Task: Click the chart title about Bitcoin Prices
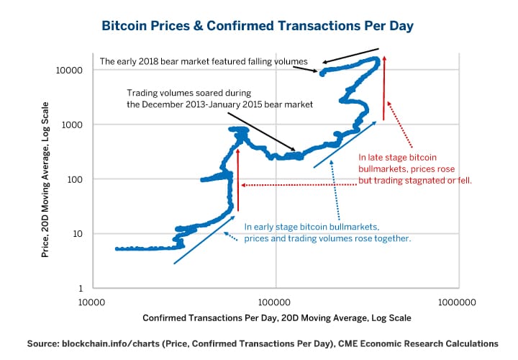click(258, 26)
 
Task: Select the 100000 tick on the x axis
click(276, 302)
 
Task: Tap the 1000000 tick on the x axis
click(458, 302)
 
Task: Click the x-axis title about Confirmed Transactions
click(276, 318)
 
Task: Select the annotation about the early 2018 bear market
click(204, 62)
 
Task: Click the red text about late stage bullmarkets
click(414, 168)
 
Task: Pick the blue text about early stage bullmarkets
click(327, 232)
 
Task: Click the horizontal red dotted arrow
click(299, 185)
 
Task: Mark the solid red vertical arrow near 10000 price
click(385, 86)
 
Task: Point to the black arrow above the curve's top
click(350, 55)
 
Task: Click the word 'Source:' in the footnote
click(45, 344)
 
